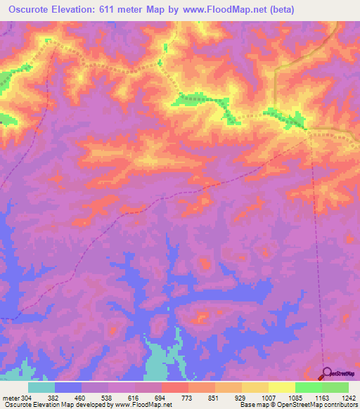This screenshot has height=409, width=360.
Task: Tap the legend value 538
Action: [108, 398]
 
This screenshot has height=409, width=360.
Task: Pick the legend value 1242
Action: [348, 398]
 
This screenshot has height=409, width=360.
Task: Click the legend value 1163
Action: [322, 398]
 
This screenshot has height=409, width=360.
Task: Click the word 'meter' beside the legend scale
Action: [10, 398]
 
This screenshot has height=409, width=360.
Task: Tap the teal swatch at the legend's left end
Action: [41, 387]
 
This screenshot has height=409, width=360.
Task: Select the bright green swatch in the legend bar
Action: [308, 387]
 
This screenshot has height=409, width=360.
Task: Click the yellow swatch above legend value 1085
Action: [281, 387]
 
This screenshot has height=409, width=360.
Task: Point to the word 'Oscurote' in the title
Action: [28, 9]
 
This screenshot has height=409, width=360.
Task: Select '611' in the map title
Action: [113, 9]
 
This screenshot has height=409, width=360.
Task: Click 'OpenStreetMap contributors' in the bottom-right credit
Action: [321, 405]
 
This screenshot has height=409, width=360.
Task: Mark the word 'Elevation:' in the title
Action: [78, 9]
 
